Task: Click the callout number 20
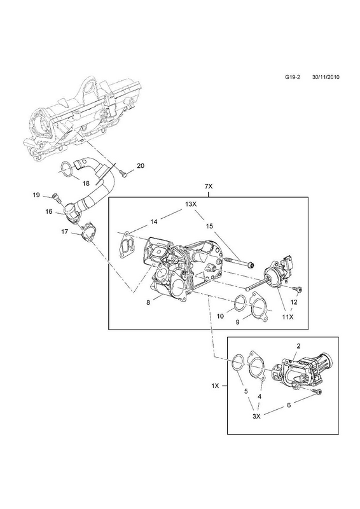coord(140,166)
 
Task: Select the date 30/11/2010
coord(326,77)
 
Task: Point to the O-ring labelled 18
coord(67,169)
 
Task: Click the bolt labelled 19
coord(55,197)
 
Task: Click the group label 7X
coord(208,186)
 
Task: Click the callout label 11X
coord(287,317)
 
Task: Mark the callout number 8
coord(148,302)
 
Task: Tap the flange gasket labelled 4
coord(257,366)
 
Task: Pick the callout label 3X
coord(256,417)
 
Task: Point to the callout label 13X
coord(191,204)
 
